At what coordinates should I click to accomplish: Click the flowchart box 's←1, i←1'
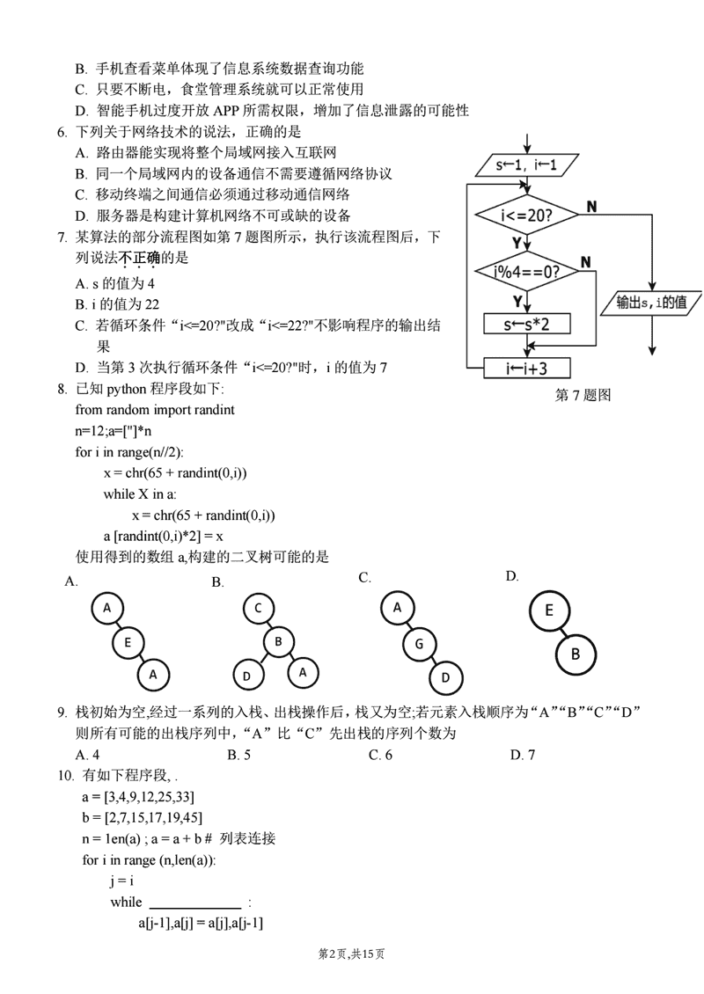pyautogui.click(x=526, y=164)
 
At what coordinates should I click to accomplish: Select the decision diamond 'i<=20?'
pyautogui.click(x=526, y=215)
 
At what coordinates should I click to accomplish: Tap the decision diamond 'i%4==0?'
pyautogui.click(x=526, y=271)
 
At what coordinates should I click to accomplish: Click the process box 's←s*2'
pyautogui.click(x=526, y=325)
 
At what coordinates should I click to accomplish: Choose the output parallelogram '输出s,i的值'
pyautogui.click(x=652, y=303)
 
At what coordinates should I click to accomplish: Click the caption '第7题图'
pyautogui.click(x=582, y=395)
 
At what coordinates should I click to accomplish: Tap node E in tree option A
pyautogui.click(x=128, y=642)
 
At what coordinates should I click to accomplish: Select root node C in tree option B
pyautogui.click(x=258, y=609)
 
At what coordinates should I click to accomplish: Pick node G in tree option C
pyautogui.click(x=420, y=644)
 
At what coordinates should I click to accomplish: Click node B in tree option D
pyautogui.click(x=576, y=654)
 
